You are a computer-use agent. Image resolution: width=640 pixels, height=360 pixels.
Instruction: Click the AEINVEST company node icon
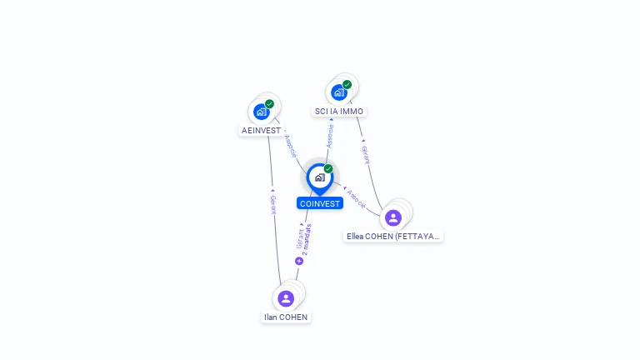262,112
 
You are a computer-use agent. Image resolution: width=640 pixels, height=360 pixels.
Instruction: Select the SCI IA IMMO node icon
339,92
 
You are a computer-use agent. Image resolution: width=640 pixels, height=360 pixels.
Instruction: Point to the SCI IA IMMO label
339,111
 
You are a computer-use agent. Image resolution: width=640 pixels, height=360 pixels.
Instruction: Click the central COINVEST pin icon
319,177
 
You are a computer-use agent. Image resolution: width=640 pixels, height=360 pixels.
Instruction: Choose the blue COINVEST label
320,203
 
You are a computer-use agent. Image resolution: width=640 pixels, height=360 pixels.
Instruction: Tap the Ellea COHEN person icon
393,217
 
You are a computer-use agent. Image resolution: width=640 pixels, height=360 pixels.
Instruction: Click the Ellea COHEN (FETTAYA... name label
393,236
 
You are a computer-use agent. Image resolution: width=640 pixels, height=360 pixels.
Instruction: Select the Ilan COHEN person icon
286,298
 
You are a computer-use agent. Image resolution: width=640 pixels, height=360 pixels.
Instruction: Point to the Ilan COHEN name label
286,317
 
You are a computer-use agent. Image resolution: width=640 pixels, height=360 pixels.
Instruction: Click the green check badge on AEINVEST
269,104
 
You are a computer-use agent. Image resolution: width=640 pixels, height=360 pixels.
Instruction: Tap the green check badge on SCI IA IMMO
347,84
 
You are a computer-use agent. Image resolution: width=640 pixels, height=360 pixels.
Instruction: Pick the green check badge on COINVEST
328,169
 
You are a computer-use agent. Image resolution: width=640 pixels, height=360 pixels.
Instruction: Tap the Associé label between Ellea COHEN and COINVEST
356,198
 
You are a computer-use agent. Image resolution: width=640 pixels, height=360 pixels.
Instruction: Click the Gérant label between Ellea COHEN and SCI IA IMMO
365,154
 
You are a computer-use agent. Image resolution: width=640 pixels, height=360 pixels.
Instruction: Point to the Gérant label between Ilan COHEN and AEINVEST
272,205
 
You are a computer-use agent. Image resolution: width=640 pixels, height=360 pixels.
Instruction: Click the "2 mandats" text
307,238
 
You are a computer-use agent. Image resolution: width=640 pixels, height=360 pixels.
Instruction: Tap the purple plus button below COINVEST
299,261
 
